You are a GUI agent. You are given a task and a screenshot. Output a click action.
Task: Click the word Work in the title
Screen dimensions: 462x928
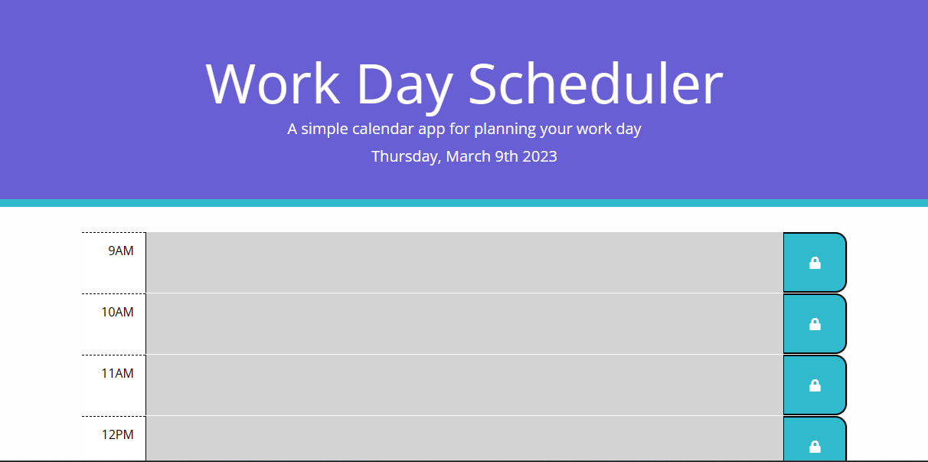pyautogui.click(x=273, y=84)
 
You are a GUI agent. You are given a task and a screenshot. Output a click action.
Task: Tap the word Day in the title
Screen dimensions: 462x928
pyautogui.click(x=404, y=84)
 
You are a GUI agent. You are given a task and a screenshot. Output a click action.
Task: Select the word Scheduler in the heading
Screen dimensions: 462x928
pyautogui.click(x=595, y=84)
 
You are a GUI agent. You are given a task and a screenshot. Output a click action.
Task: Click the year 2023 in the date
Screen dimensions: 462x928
pyautogui.click(x=540, y=156)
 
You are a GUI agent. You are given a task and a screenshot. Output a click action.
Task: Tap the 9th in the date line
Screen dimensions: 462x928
pyautogui.click(x=505, y=156)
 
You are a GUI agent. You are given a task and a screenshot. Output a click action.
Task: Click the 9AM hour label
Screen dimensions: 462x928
pyautogui.click(x=121, y=251)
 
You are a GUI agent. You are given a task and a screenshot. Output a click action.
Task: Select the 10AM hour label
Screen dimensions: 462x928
pyautogui.click(x=118, y=313)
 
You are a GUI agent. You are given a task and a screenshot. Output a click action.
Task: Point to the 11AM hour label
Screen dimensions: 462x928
pyautogui.click(x=118, y=374)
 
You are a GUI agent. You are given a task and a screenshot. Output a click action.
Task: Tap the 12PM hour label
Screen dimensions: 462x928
pyautogui.click(x=118, y=435)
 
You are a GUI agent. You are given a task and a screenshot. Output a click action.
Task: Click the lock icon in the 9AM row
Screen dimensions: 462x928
pyautogui.click(x=815, y=263)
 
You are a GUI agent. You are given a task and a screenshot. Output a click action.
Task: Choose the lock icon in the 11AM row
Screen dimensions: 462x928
pyautogui.click(x=815, y=385)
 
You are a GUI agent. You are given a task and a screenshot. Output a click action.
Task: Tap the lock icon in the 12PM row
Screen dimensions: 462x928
pyautogui.click(x=815, y=446)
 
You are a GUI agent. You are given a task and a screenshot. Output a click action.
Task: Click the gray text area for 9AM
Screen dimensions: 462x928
pyautogui.click(x=464, y=262)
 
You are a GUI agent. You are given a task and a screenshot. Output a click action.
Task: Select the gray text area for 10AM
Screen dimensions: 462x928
pyautogui.click(x=464, y=323)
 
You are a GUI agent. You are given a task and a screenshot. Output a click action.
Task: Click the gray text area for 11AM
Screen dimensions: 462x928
pyautogui.click(x=464, y=385)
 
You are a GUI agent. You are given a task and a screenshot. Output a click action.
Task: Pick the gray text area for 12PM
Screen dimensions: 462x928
pyautogui.click(x=464, y=439)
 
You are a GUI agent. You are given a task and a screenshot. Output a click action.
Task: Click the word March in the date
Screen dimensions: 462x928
pyautogui.click(x=469, y=156)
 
